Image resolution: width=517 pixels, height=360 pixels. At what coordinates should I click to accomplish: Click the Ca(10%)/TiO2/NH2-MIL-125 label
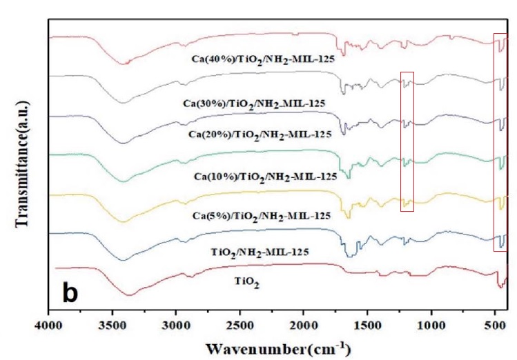pos(265,177)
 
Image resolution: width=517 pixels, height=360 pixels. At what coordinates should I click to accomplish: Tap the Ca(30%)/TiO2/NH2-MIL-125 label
pos(255,103)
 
